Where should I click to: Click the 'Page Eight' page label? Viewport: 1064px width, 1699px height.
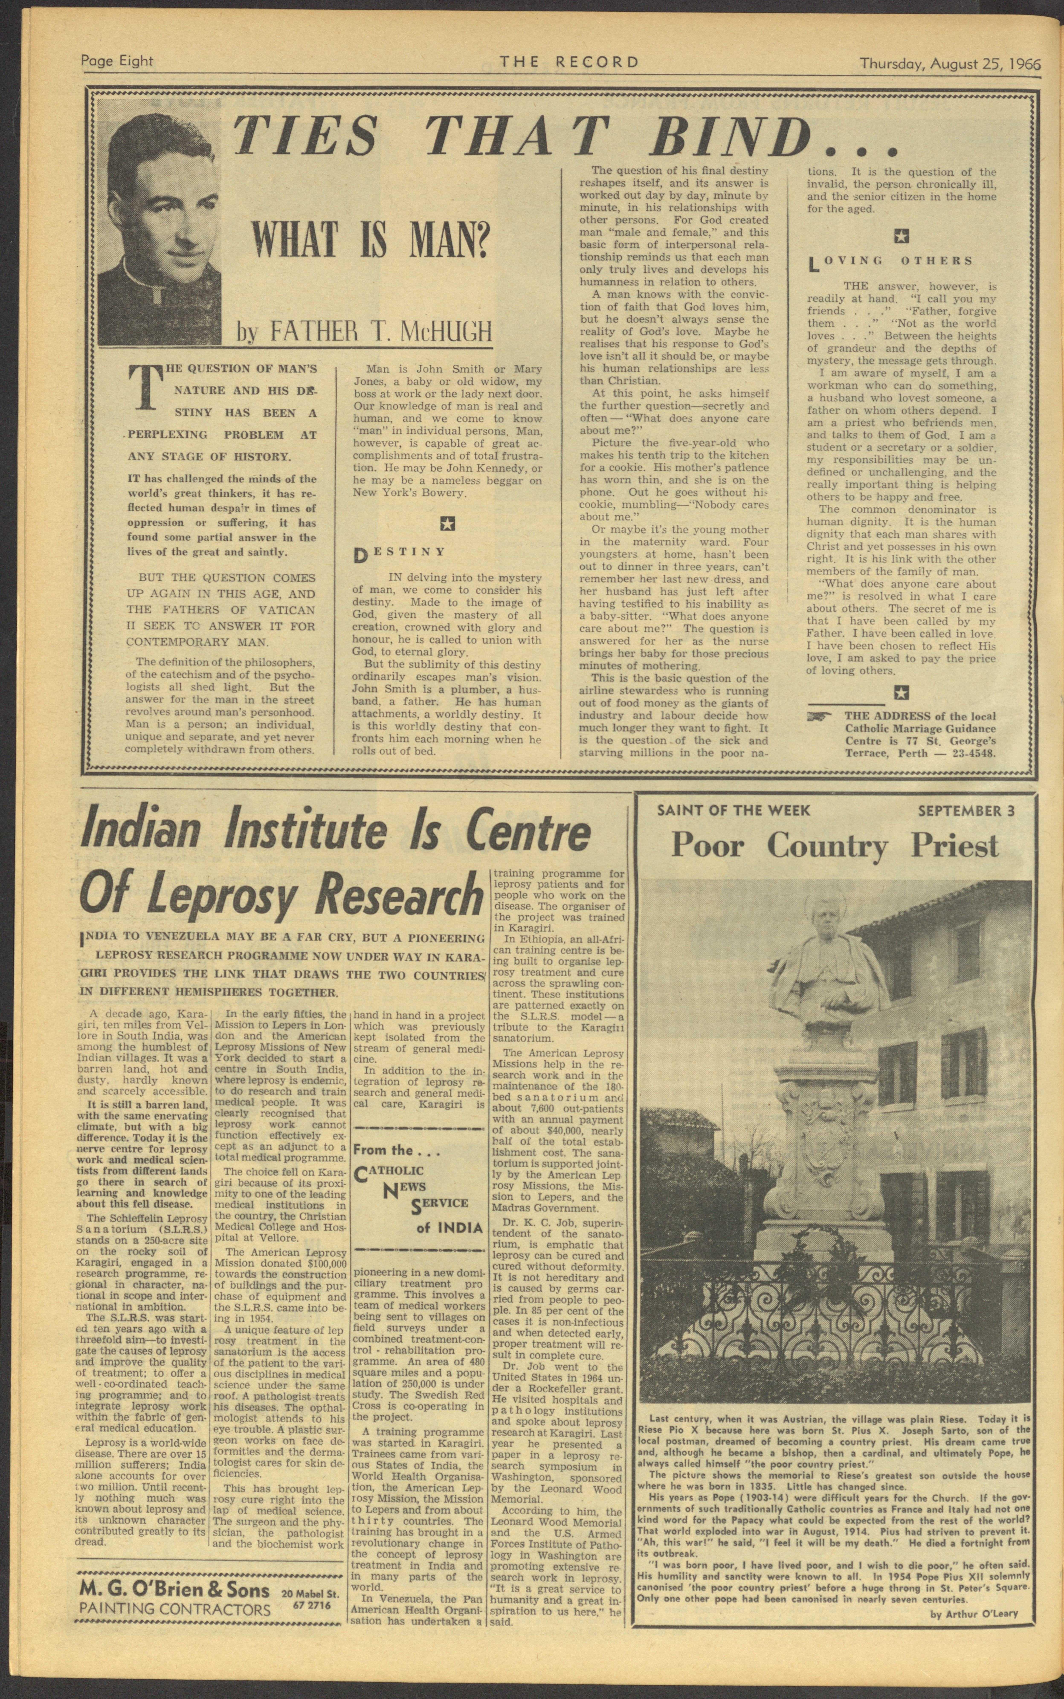point(117,61)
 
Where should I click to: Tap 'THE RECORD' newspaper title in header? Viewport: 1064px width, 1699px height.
point(569,62)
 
